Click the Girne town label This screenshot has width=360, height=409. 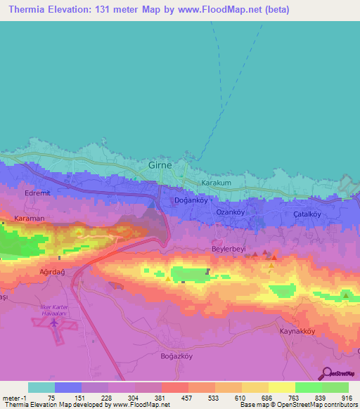[x=161, y=166]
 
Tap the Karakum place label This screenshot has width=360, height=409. [x=217, y=183]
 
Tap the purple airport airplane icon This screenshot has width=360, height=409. [x=53, y=324]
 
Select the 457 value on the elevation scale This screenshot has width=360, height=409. [x=188, y=398]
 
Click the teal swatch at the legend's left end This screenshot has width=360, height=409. [x=41, y=387]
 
